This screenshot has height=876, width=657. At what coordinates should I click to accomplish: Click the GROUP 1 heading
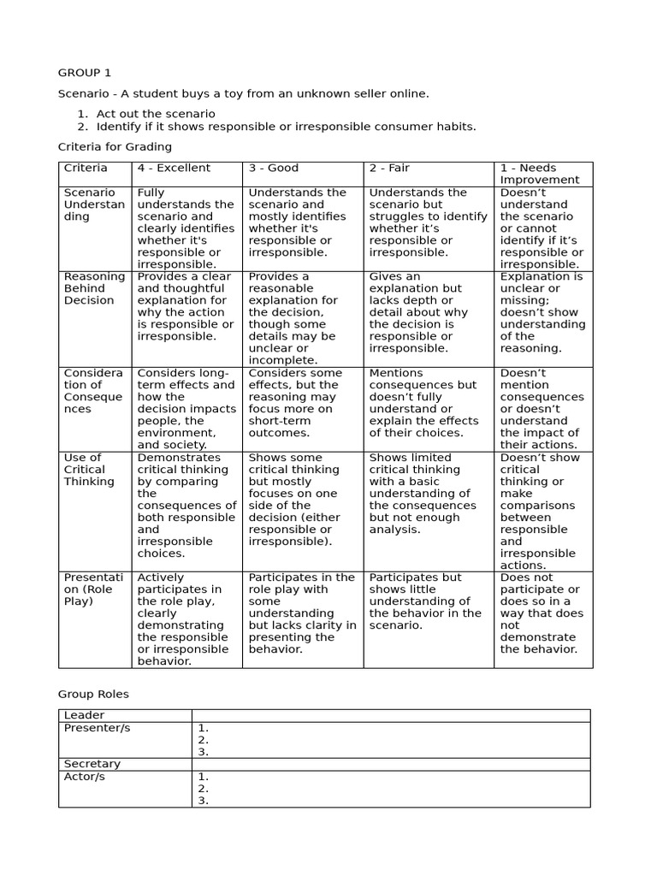pyautogui.click(x=85, y=72)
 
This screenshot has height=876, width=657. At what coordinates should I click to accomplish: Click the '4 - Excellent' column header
pyautogui.click(x=174, y=168)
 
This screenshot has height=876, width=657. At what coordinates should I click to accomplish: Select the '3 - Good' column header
pyautogui.click(x=274, y=168)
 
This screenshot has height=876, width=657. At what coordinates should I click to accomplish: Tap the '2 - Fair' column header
pyautogui.click(x=390, y=168)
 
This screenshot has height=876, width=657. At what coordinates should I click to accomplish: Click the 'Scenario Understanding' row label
pyautogui.click(x=94, y=204)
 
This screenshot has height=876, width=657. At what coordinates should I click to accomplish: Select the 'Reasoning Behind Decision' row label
pyautogui.click(x=94, y=288)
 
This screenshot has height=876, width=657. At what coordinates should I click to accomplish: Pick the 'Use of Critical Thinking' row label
pyautogui.click(x=89, y=469)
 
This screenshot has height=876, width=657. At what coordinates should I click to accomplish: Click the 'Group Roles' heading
pyautogui.click(x=93, y=694)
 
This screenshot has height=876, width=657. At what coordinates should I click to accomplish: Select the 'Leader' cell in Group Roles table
pyautogui.click(x=85, y=715)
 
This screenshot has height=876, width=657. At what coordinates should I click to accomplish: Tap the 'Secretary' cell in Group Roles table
pyautogui.click(x=92, y=764)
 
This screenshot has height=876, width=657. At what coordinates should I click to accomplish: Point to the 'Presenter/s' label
pyautogui.click(x=97, y=727)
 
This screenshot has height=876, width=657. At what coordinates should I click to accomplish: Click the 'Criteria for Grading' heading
pyautogui.click(x=115, y=146)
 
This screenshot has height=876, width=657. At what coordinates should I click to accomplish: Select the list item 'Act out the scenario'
pyautogui.click(x=156, y=114)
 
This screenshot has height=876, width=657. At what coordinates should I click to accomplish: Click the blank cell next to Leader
pyautogui.click(x=390, y=715)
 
